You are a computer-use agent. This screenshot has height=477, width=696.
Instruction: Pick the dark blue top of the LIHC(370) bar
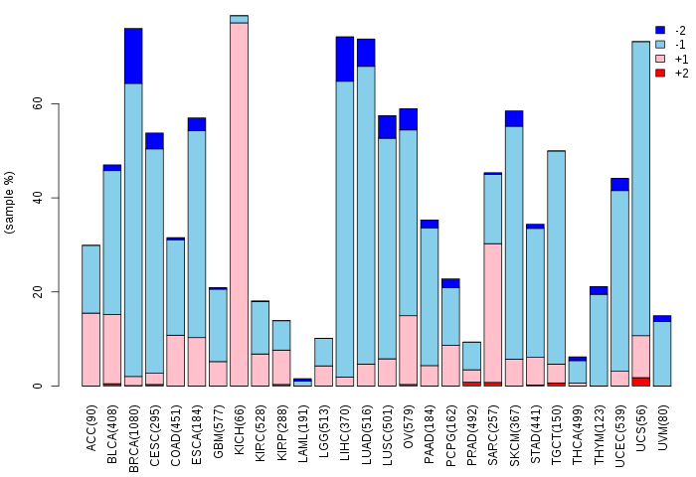[345, 59]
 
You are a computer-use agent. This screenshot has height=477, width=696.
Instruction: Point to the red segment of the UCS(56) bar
[640, 382]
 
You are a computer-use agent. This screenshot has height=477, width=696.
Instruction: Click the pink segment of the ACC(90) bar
[90, 349]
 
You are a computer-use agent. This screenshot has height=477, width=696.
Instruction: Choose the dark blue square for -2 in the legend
[659, 31]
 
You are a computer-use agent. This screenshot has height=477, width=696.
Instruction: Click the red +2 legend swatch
[659, 73]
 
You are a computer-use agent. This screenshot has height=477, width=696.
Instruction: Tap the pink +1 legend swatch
[659, 59]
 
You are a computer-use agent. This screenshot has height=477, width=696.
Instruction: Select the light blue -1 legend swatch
[659, 45]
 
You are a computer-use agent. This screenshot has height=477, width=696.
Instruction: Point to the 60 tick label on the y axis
[37, 104]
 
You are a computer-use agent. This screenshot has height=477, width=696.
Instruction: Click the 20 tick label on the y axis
[37, 292]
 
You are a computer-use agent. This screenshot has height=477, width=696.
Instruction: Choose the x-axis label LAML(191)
[303, 424]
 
